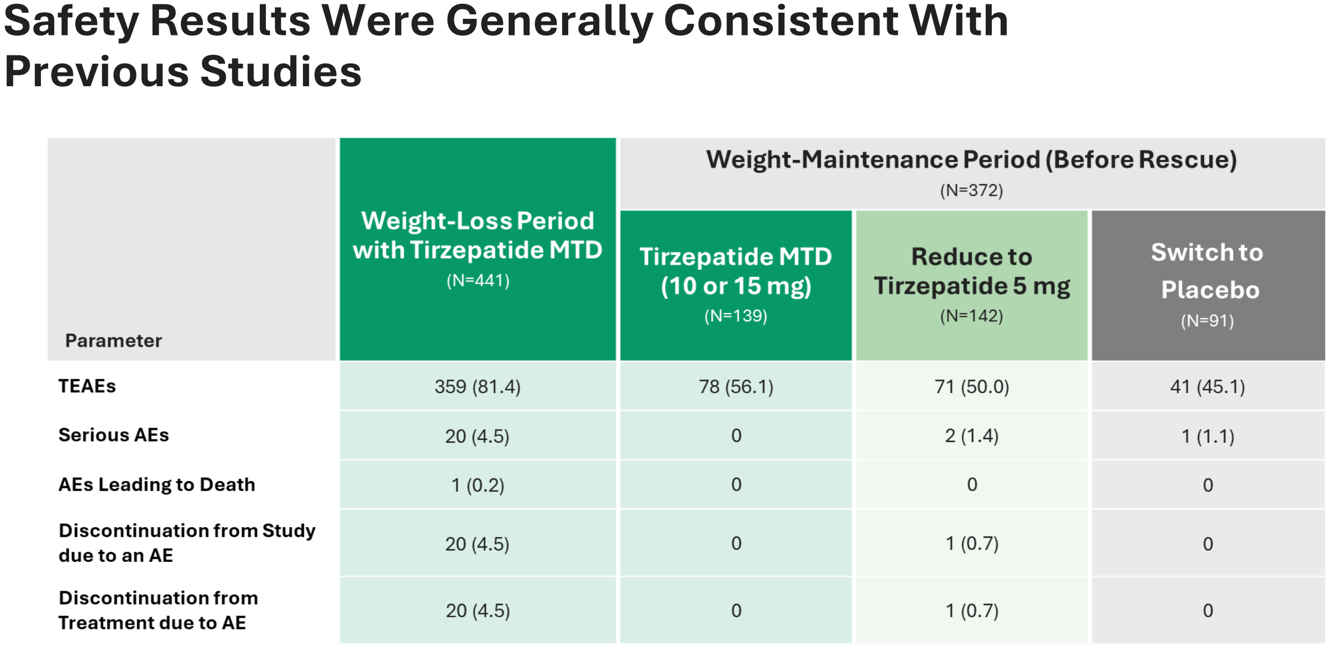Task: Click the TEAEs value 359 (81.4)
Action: (x=478, y=387)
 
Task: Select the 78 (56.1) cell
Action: (x=736, y=387)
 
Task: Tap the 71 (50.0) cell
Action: (x=972, y=387)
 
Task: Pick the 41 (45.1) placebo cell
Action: (x=1207, y=387)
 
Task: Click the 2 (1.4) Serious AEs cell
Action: (x=972, y=436)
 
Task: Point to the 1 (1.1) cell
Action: (x=1208, y=436)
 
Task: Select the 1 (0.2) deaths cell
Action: (x=478, y=485)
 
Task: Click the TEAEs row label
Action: (x=87, y=386)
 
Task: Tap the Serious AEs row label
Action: (x=114, y=435)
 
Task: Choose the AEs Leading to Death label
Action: (x=157, y=485)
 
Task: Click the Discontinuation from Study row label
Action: (x=187, y=543)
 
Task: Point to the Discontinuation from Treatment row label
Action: (x=158, y=610)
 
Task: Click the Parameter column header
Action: (x=114, y=341)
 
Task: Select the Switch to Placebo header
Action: (x=1208, y=271)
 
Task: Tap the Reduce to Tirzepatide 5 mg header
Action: (x=972, y=272)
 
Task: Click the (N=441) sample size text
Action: (x=478, y=280)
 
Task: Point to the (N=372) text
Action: (x=972, y=190)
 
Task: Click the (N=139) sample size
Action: (x=736, y=316)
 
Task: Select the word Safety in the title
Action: (x=71, y=22)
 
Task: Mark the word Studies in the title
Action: (x=281, y=72)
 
